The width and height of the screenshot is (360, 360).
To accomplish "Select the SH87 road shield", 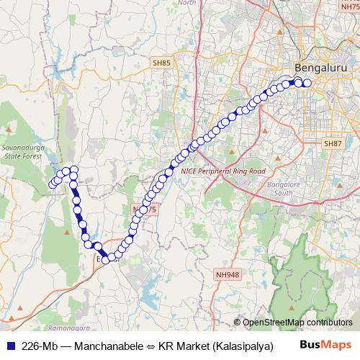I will (333, 143).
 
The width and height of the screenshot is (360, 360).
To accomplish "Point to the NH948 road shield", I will (227, 275).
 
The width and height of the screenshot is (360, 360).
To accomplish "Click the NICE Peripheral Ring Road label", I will (223, 171).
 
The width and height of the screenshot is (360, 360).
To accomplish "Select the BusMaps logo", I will (325, 344).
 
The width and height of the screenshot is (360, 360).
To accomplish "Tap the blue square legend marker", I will (9, 345).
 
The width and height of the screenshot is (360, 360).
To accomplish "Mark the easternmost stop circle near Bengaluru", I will (307, 83).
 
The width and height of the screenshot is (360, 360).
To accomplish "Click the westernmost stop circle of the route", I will (53, 186).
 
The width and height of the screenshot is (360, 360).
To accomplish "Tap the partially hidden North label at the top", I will (186, 3).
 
